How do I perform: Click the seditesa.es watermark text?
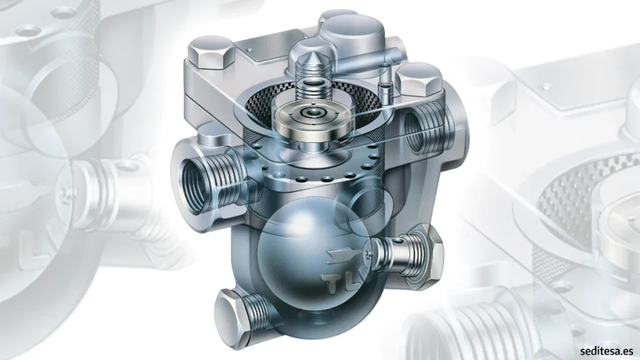click(606, 351)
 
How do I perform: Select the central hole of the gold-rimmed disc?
click(313, 112)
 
